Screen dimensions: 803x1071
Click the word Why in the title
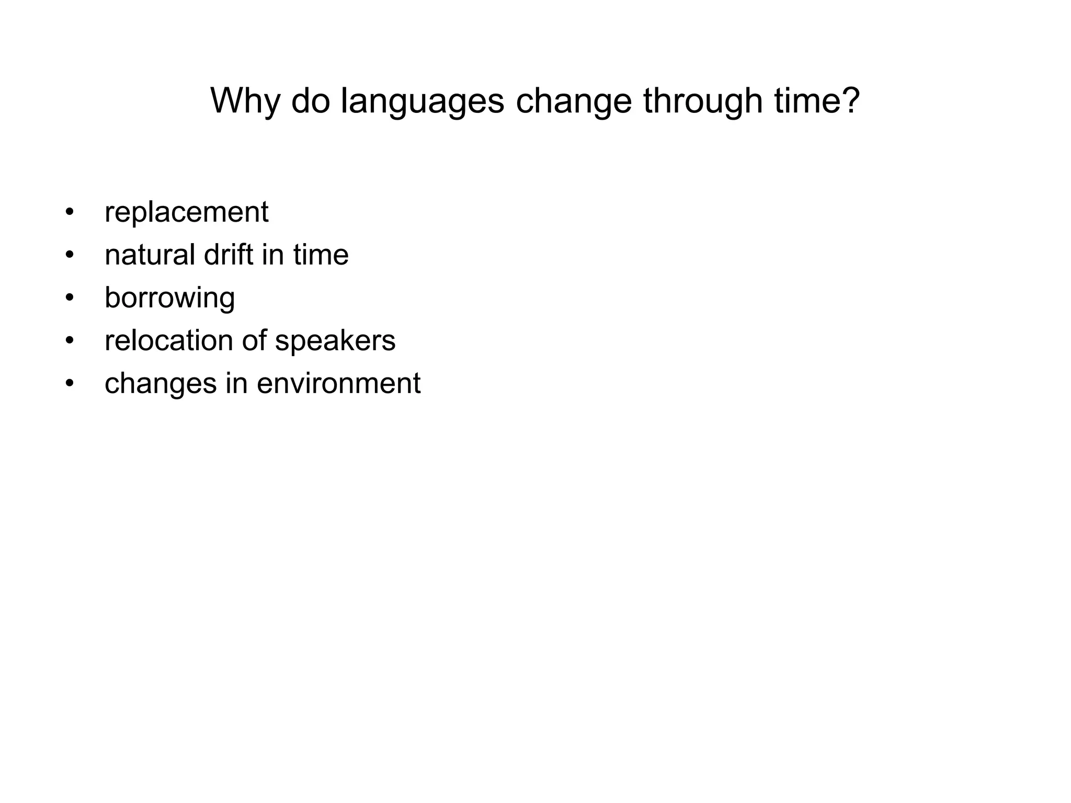245,100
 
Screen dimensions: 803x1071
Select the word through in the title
702,101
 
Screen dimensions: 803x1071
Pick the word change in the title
573,101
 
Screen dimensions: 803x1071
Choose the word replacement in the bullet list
186,212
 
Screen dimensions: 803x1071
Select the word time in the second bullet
321,255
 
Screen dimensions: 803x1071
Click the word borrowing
169,298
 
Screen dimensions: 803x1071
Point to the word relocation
168,340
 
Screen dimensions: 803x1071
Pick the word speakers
335,341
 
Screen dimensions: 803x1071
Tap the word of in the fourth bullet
254,340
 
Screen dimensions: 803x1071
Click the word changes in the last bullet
161,384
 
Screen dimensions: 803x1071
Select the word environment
338,383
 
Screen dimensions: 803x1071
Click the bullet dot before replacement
70,213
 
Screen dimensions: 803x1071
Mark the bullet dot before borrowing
70,298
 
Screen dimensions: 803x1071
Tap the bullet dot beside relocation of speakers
70,341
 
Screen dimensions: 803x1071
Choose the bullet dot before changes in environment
70,384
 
